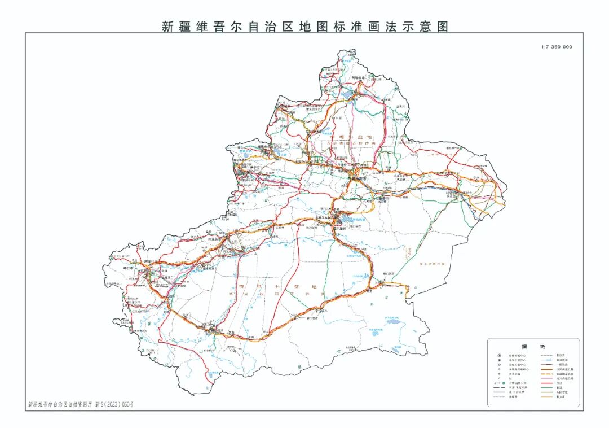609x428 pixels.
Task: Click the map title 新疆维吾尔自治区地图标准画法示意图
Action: [305, 26]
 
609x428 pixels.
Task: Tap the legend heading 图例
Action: [533, 346]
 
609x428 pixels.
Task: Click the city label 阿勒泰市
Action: [359, 77]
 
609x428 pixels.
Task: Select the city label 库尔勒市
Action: [339, 229]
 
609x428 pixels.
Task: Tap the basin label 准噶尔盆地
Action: [351, 136]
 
